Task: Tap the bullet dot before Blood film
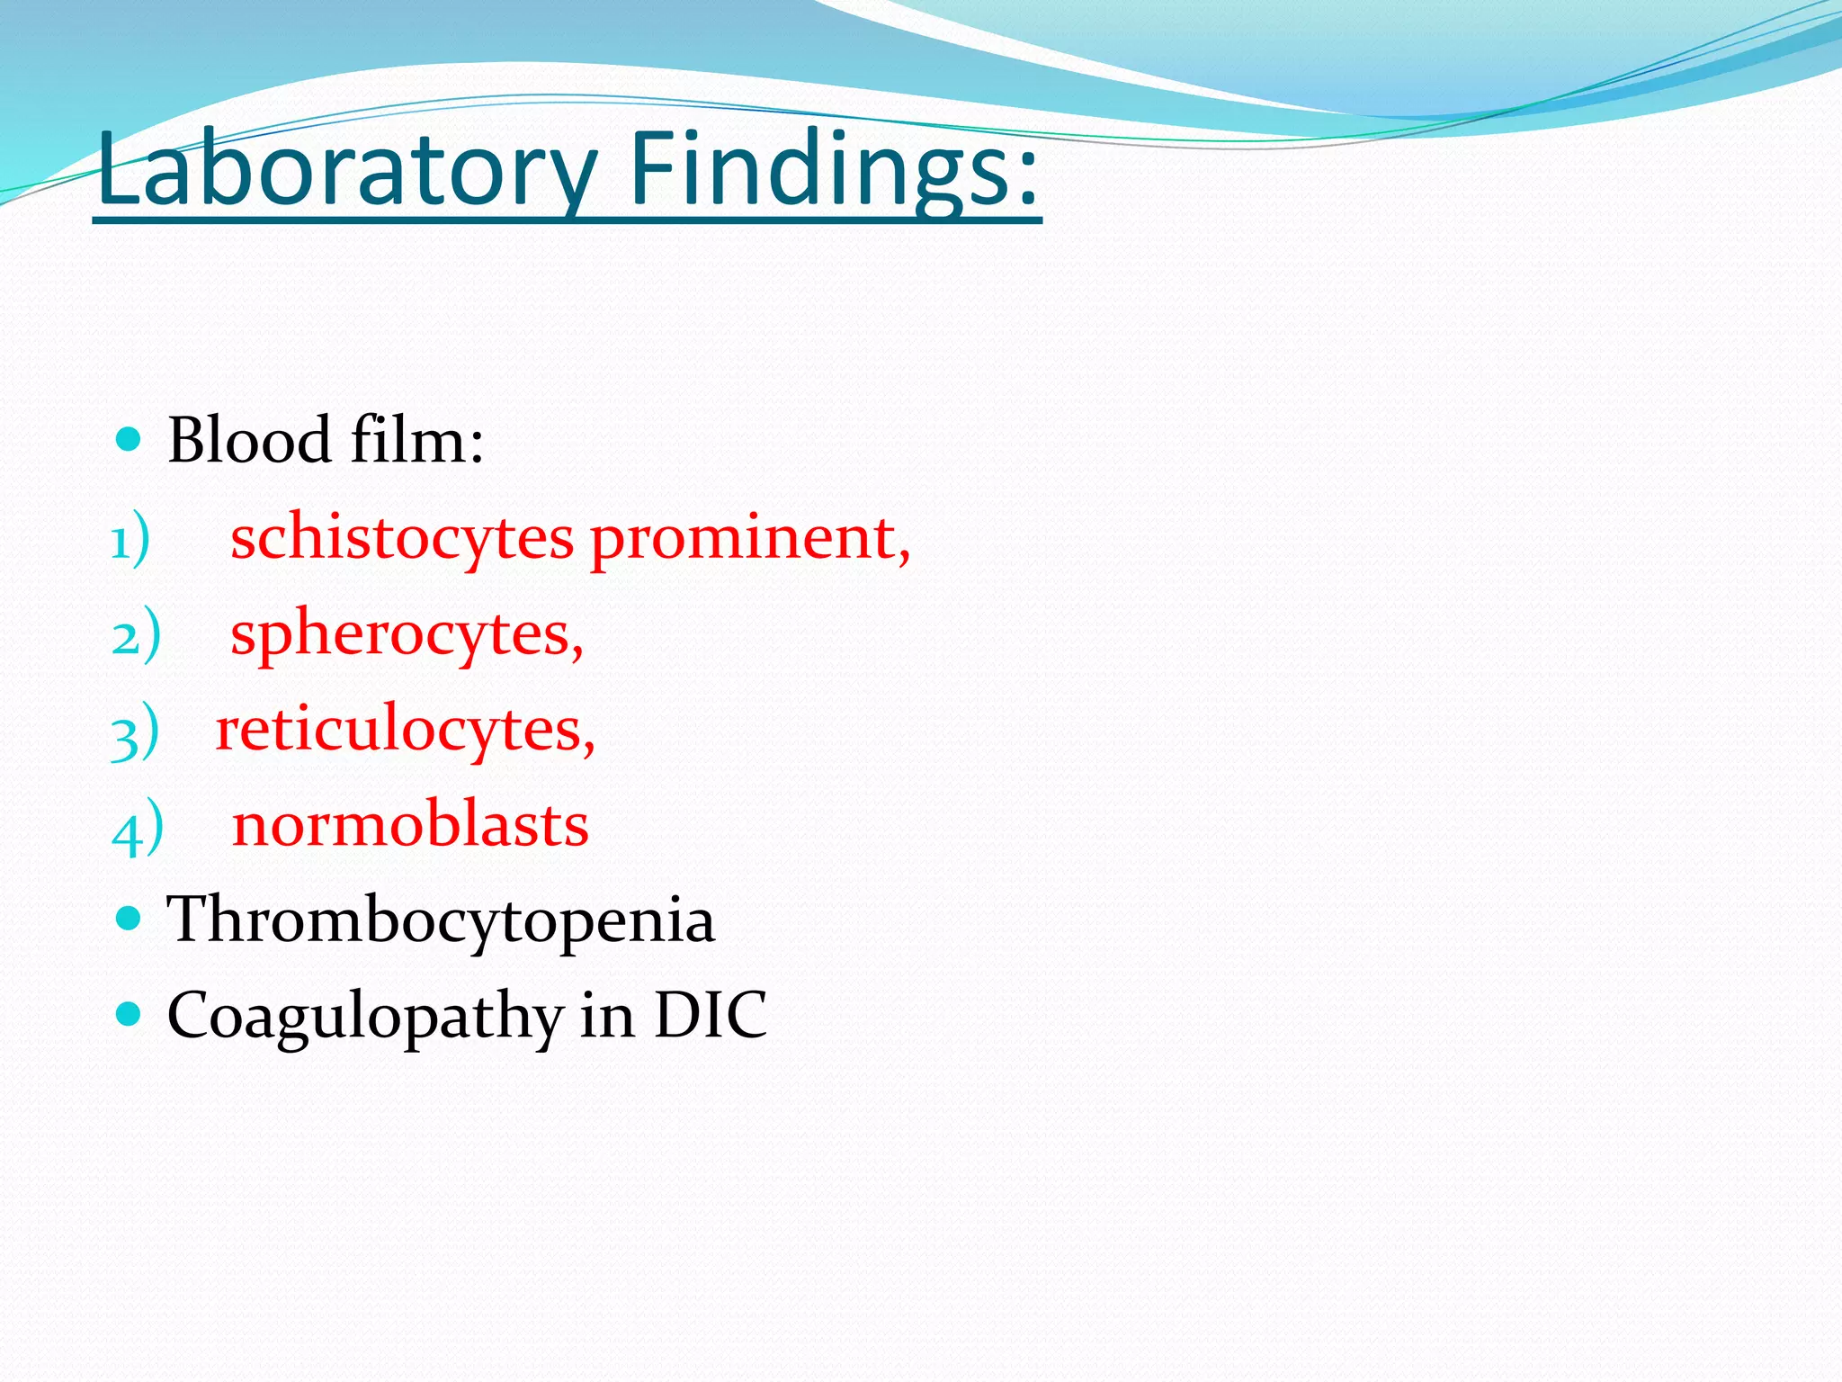tap(130, 440)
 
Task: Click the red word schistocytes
tap(402, 539)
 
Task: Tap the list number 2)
tap(136, 636)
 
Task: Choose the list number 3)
tap(135, 732)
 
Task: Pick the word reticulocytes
tap(405, 730)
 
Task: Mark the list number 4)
tap(138, 828)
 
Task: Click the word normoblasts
tap(410, 825)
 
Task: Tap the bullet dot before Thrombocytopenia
tap(130, 919)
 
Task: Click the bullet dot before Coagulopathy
tap(130, 1015)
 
